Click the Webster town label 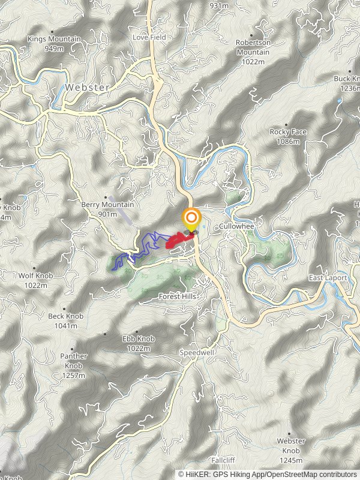click(88, 87)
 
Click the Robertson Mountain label click(253, 47)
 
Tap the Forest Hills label click(177, 297)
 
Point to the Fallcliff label click(223, 460)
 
